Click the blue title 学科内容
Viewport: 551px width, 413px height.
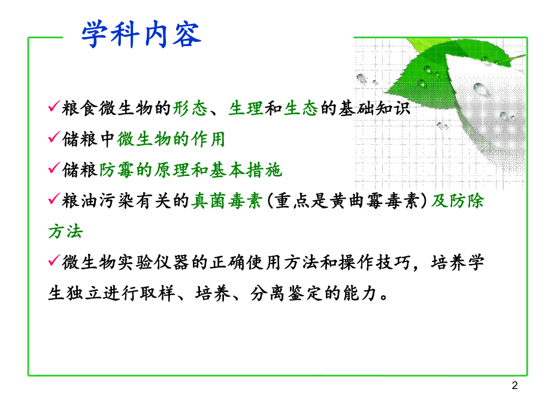pyautogui.click(x=142, y=35)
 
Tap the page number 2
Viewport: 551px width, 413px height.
pyautogui.click(x=514, y=386)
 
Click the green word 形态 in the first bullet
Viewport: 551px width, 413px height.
pyautogui.click(x=190, y=109)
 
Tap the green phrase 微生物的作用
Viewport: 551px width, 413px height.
pyautogui.click(x=171, y=139)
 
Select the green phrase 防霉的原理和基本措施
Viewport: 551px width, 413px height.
pyautogui.click(x=191, y=171)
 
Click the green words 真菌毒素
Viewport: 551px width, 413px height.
pyautogui.click(x=226, y=202)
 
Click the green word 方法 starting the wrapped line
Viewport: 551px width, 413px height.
pyautogui.click(x=65, y=231)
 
